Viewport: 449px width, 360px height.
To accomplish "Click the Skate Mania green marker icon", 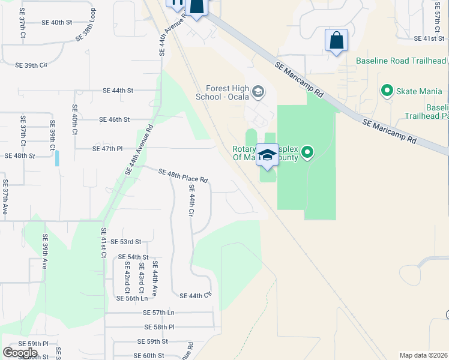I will click(387, 91).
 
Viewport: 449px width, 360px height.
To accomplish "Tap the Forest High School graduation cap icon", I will click(258, 92).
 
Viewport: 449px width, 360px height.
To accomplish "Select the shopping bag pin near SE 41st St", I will click(336, 41).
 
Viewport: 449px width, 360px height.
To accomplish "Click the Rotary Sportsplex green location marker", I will click(307, 152).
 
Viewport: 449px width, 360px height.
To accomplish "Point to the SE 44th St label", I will click(118, 91).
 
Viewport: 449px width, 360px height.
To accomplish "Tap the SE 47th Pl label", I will click(107, 148).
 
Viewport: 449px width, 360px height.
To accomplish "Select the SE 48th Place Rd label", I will click(183, 176).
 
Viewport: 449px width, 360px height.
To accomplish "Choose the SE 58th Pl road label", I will click(159, 327).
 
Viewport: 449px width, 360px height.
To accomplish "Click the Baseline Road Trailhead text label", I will click(401, 61).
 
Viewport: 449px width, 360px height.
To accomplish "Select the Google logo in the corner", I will click(20, 352).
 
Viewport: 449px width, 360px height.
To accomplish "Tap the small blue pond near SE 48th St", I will click(57, 158).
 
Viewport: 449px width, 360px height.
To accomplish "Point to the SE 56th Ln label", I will click(131, 298).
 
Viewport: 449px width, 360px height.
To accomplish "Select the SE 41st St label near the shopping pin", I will click(429, 38).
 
